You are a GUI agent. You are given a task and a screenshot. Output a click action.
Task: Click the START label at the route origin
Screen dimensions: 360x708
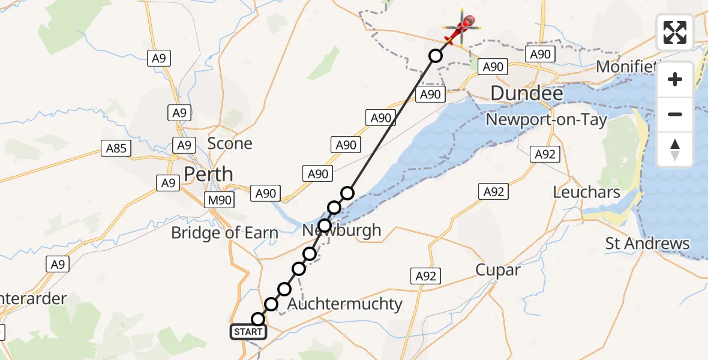tap(248, 332)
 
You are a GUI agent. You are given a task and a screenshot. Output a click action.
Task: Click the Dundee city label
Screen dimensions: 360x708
tap(527, 94)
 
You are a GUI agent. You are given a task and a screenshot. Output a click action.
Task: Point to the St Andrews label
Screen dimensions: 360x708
tap(647, 244)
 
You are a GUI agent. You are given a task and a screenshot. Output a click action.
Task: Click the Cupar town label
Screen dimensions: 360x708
tap(498, 270)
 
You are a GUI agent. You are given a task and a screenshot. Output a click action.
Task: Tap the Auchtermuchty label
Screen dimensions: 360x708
tap(344, 304)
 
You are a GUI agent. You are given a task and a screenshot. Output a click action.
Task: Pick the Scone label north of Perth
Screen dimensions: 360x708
tap(230, 143)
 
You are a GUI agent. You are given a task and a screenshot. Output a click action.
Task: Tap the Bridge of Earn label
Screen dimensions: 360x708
tap(224, 233)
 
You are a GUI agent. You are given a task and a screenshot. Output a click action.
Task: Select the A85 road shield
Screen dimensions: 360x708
tap(116, 148)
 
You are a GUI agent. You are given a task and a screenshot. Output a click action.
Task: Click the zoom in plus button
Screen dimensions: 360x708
tap(675, 79)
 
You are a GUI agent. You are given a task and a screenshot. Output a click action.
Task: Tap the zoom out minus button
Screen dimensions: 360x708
tap(675, 114)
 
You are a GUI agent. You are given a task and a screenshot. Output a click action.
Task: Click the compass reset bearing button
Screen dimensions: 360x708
tap(675, 149)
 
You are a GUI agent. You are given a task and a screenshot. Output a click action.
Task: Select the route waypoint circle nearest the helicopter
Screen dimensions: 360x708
tap(436, 56)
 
